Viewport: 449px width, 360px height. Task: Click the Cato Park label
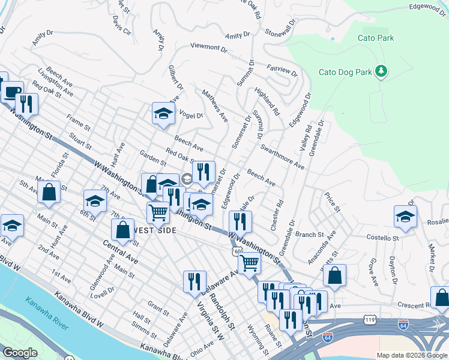[x=375, y=38]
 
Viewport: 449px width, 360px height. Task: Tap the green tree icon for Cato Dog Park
[x=381, y=72]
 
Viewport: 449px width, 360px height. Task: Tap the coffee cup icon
[x=11, y=92]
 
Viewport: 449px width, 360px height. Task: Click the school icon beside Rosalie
[x=406, y=217]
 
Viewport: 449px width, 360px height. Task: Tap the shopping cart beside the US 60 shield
[x=249, y=262]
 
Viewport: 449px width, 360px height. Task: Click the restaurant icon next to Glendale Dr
[x=241, y=221]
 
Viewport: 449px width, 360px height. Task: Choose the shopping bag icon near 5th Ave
[x=49, y=192]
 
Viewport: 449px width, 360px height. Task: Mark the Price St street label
[x=332, y=202]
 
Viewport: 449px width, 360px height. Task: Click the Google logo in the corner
[x=20, y=352]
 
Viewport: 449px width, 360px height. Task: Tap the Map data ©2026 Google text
[x=411, y=355]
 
